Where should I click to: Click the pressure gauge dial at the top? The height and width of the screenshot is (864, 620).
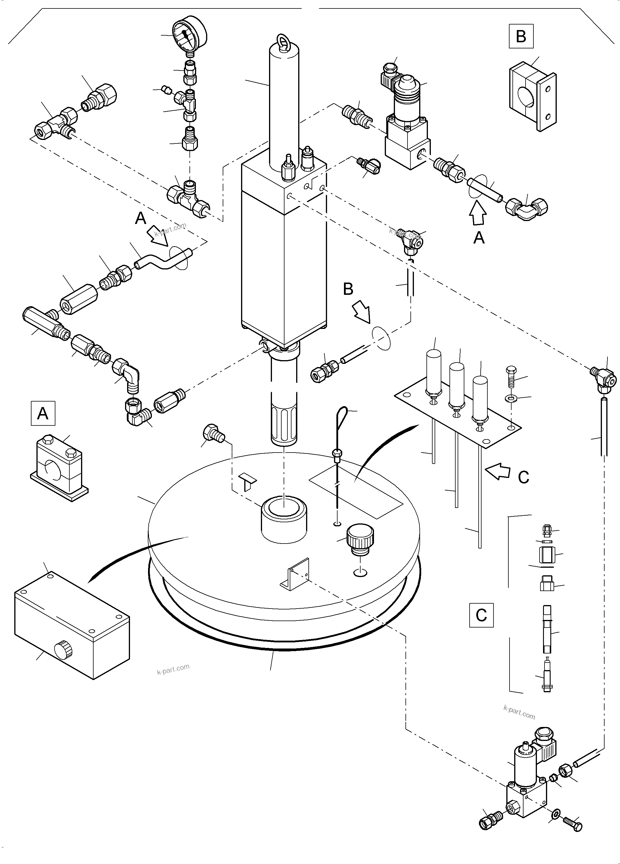pyautogui.click(x=189, y=34)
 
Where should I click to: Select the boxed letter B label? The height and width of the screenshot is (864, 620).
pyautogui.click(x=521, y=36)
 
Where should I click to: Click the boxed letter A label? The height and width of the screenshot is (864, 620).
pyautogui.click(x=43, y=413)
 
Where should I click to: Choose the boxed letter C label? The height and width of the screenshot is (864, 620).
pyautogui.click(x=481, y=615)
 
